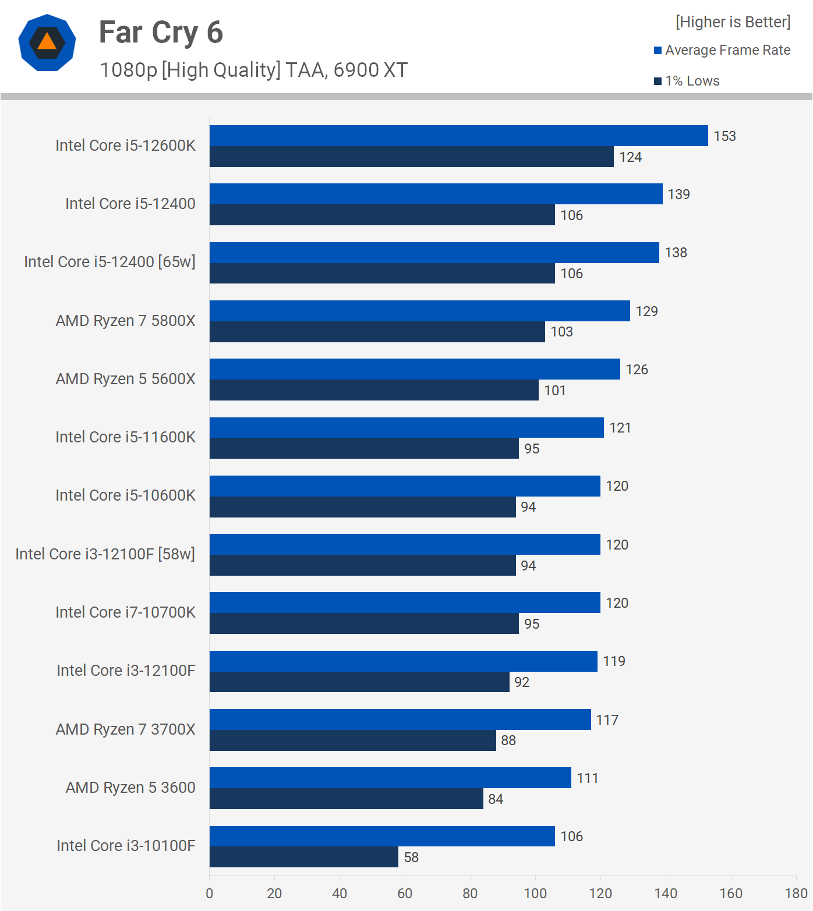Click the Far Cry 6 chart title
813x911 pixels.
tap(161, 33)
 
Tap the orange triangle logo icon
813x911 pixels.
tap(47, 42)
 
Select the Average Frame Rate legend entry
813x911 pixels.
tap(722, 50)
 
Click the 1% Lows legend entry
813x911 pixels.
tap(687, 81)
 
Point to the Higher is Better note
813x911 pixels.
tap(733, 22)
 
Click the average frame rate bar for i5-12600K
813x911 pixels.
tap(458, 136)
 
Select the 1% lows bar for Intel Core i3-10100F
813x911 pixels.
tap(303, 857)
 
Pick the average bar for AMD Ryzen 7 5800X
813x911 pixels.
tap(419, 311)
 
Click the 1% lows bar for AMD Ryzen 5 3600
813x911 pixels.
tap(346, 799)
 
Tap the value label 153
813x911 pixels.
tap(724, 136)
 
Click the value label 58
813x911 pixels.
tap(411, 857)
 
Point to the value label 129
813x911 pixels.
tap(646, 311)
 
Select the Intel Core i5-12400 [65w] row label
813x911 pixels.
tap(109, 262)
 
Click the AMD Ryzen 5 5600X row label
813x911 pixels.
tap(125, 379)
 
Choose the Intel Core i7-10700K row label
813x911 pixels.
tap(125, 612)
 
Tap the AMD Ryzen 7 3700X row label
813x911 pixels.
tap(125, 729)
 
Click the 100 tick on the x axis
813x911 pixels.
tap(535, 894)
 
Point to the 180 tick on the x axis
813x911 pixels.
tap(796, 894)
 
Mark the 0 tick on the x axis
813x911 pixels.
tap(210, 894)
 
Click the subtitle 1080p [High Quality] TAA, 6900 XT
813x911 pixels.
tap(253, 70)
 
